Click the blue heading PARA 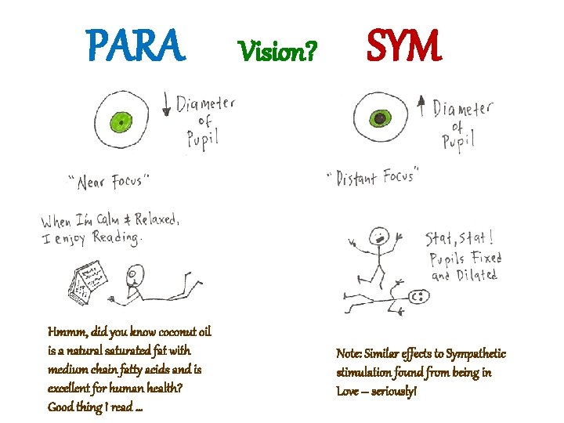click(137, 46)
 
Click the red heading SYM click(404, 46)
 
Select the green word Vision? click(278, 52)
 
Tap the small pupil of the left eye click(121, 121)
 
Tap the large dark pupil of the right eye click(381, 119)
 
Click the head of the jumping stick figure click(380, 235)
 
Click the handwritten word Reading click(117, 237)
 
